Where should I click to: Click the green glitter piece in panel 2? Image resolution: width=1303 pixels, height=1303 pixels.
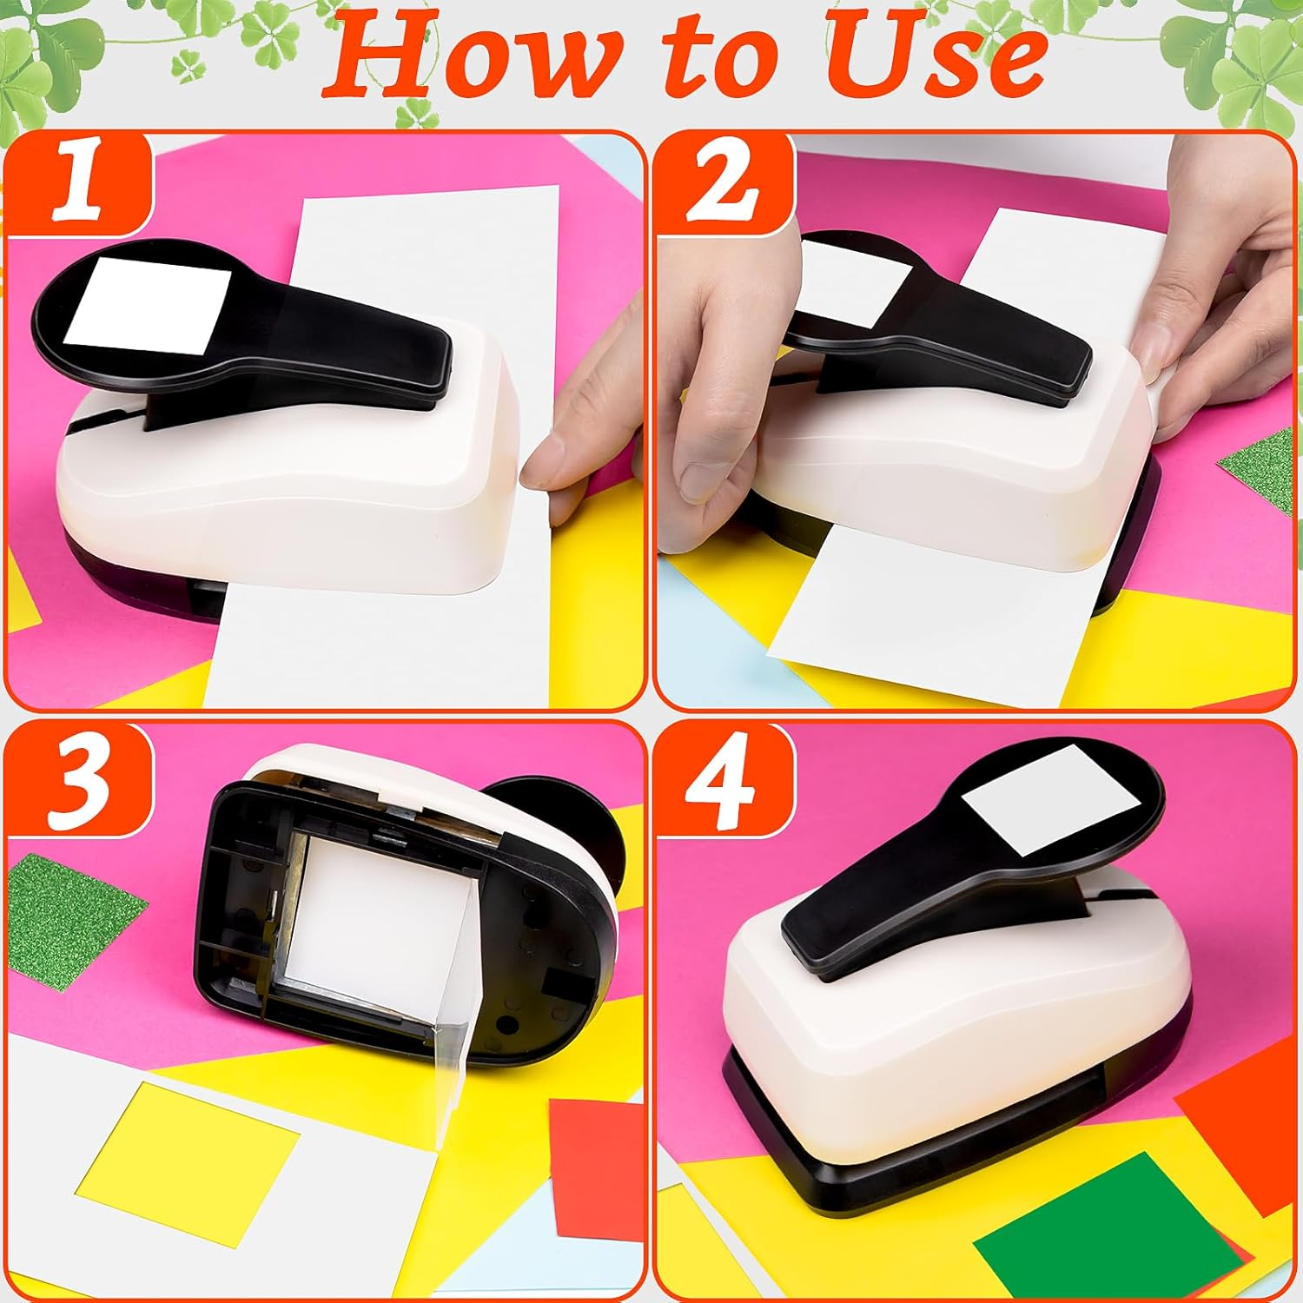pyautogui.click(x=1260, y=469)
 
